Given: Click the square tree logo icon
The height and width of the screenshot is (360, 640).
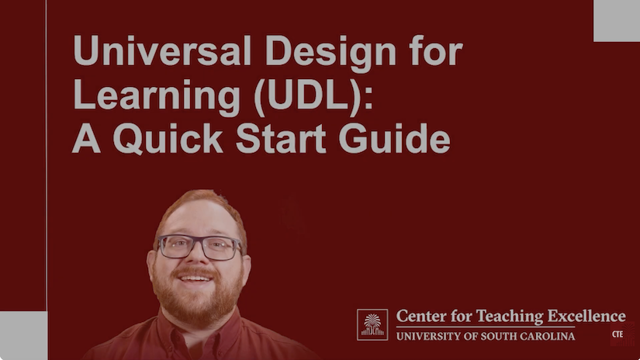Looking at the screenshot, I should (x=372, y=324).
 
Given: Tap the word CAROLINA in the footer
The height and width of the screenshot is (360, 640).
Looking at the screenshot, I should (x=545, y=336).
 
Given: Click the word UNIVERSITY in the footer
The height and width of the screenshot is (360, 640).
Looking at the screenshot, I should (x=433, y=336).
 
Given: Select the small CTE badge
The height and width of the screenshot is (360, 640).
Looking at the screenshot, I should (x=618, y=334).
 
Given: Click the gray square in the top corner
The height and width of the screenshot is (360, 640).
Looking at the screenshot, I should (x=616, y=20).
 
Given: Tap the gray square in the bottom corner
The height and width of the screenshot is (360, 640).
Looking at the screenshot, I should (x=23, y=335).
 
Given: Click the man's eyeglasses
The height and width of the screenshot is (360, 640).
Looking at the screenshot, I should (x=199, y=247).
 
